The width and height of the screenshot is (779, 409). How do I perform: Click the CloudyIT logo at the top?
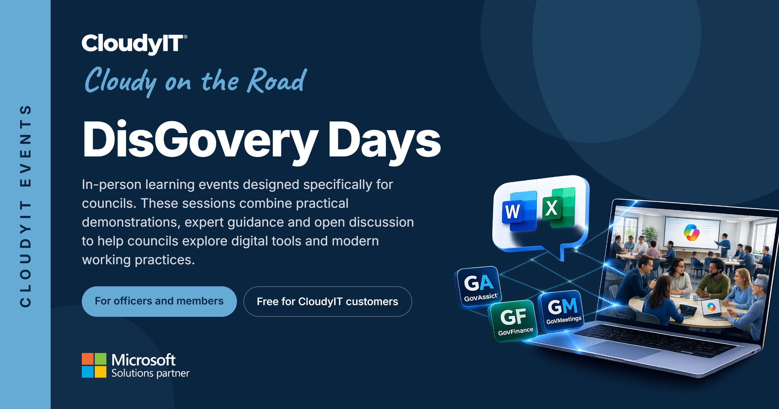click(x=134, y=44)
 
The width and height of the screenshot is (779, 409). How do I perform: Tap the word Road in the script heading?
click(x=277, y=80)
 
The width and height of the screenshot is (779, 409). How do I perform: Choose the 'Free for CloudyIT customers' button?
click(x=328, y=302)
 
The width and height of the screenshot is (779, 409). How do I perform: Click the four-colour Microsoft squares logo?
click(x=94, y=365)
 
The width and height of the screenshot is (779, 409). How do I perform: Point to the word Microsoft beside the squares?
click(x=143, y=360)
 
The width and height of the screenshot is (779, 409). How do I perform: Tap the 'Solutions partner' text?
click(x=150, y=373)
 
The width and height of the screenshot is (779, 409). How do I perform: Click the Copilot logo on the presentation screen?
click(x=691, y=232)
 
